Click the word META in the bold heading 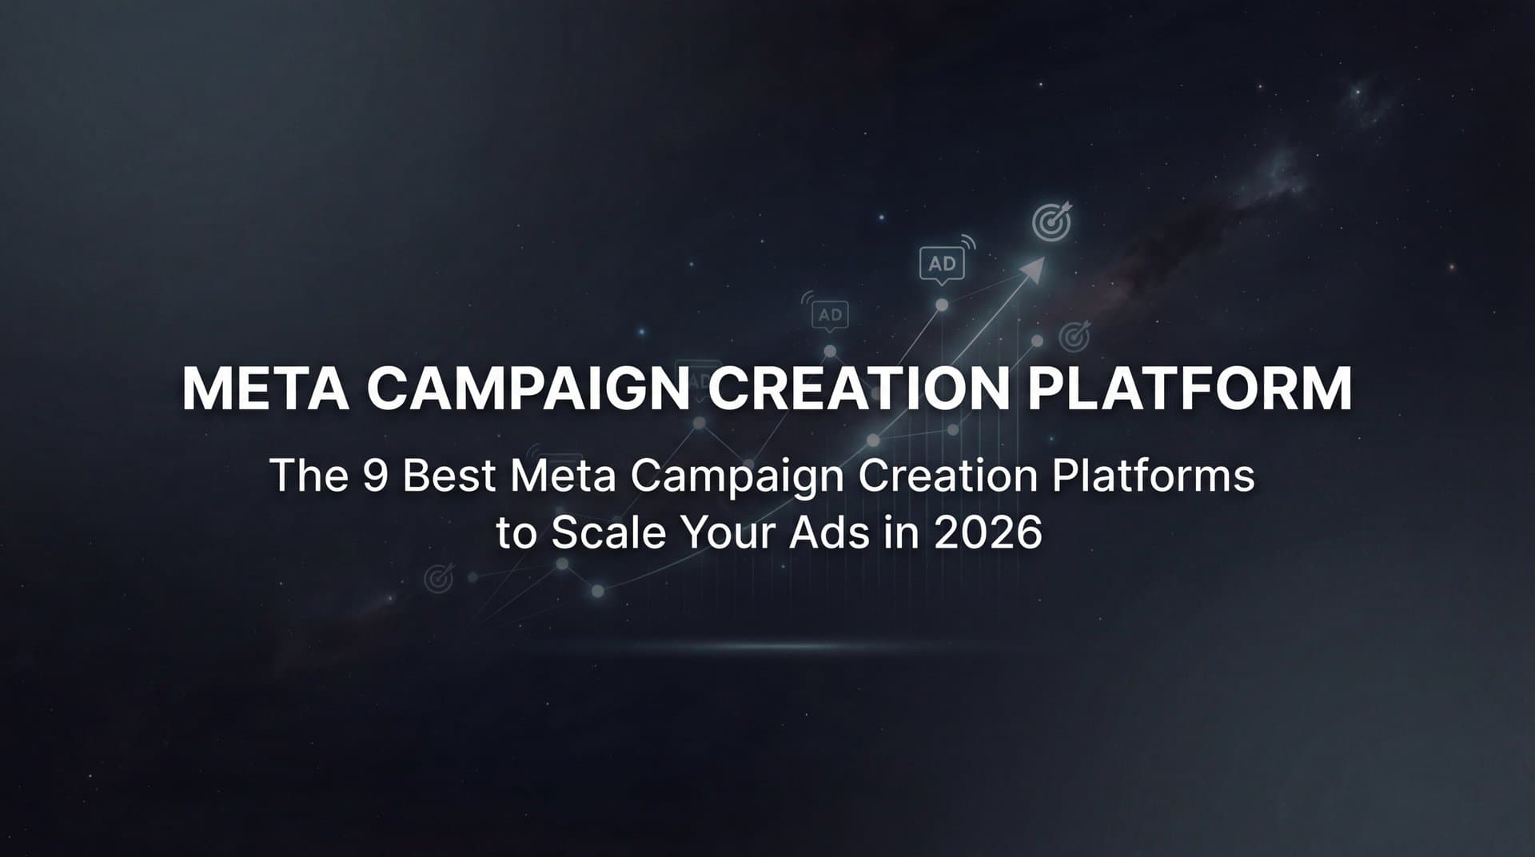265,389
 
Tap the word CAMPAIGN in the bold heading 528,389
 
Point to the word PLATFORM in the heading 1190,389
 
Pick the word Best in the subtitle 449,476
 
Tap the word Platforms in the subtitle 1153,476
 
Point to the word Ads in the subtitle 830,532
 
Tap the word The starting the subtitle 309,476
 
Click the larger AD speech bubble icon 942,264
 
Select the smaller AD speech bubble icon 830,315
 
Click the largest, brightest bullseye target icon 1051,223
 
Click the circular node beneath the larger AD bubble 942,305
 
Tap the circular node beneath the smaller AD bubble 830,351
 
